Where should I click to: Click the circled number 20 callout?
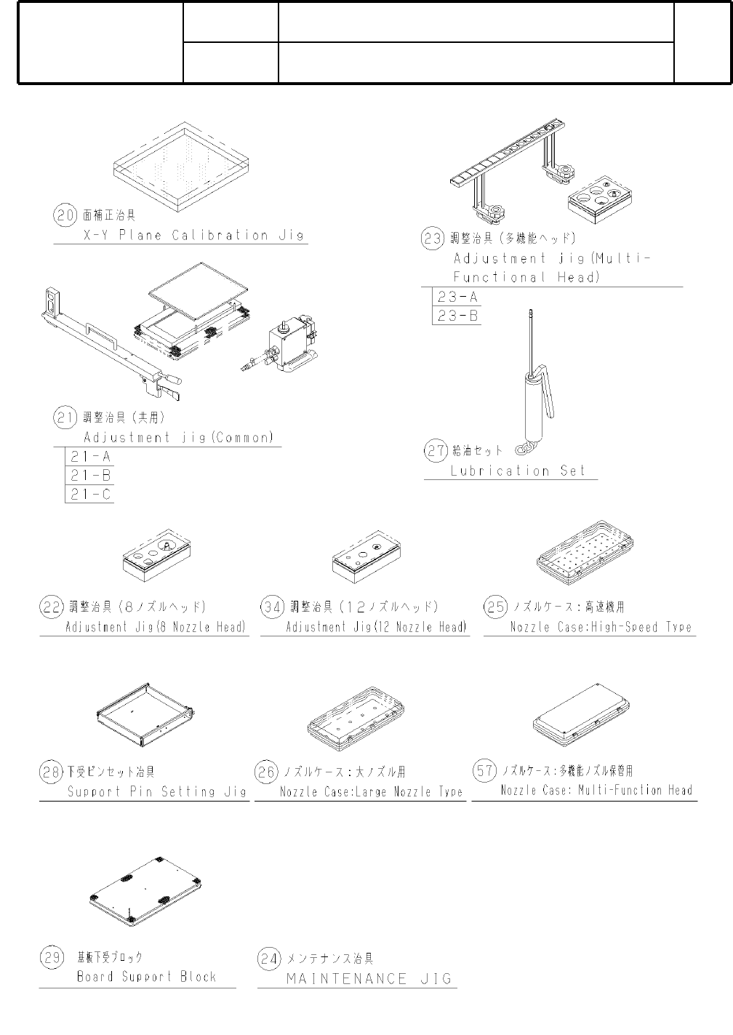65,215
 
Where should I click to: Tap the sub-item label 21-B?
90,476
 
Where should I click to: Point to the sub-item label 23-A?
457,297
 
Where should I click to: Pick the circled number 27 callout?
436,451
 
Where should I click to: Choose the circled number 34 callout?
272,607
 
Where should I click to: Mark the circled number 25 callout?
495,607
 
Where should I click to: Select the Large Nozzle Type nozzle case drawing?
356,722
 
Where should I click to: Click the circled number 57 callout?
484,770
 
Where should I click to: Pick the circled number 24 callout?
269,959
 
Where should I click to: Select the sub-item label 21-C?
90,495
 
